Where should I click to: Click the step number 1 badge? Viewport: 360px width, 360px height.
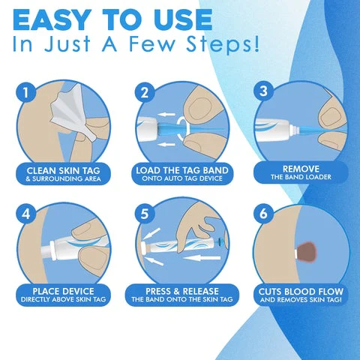(x=26, y=94)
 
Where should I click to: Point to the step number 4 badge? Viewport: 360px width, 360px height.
(x=26, y=214)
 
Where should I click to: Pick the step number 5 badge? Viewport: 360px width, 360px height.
(x=145, y=214)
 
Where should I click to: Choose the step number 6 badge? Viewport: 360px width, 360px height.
(x=263, y=214)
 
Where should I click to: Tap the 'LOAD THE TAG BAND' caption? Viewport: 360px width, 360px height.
(x=181, y=169)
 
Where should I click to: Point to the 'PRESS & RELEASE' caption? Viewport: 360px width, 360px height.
(x=181, y=290)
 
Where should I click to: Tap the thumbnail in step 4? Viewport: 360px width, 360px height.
(x=82, y=256)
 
